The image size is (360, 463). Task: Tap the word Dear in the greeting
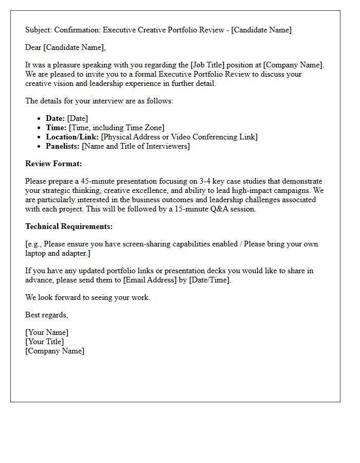click(x=33, y=48)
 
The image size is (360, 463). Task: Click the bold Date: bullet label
click(x=55, y=119)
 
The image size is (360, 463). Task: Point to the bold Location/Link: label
click(x=72, y=137)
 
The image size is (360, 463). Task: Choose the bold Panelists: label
click(x=62, y=147)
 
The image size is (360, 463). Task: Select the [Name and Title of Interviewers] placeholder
click(x=136, y=147)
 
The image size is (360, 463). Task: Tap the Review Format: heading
click(x=53, y=164)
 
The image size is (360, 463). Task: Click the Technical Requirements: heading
click(x=69, y=226)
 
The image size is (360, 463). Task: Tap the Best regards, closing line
click(x=46, y=315)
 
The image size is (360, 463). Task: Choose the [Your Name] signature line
click(x=47, y=333)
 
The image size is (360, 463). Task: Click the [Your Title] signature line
click(x=45, y=342)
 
